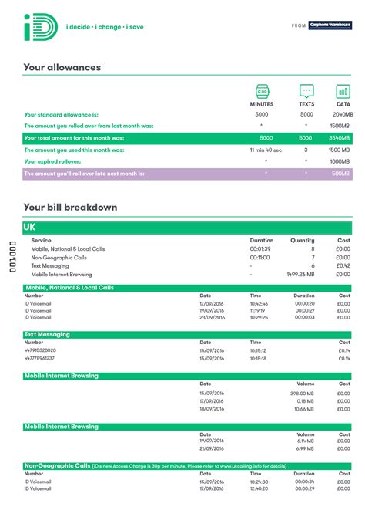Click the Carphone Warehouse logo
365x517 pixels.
(x=330, y=25)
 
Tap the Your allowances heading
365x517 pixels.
(x=62, y=68)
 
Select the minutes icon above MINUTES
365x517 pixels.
(x=262, y=90)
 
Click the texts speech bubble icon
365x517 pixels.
(x=306, y=90)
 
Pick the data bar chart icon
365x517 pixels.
(x=343, y=90)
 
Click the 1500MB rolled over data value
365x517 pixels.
(x=340, y=126)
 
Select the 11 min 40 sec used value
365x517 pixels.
(x=265, y=150)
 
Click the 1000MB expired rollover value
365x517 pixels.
(x=340, y=161)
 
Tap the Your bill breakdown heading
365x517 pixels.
(x=70, y=207)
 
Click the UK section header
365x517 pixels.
(x=31, y=227)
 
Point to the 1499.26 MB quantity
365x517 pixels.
(x=300, y=274)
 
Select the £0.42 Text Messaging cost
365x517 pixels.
(x=343, y=265)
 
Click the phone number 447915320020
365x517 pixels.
(x=40, y=350)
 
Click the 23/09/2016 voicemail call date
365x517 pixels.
(x=212, y=317)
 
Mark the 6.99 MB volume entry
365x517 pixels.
(x=305, y=448)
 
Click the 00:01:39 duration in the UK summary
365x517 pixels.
(x=260, y=249)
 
